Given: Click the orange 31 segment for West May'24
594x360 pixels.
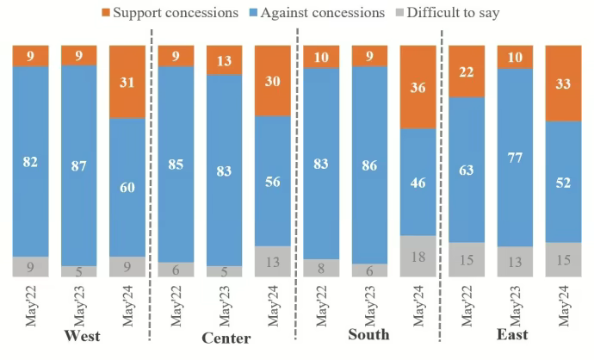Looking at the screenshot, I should tap(127, 82).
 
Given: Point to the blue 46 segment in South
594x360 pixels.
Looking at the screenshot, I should tap(418, 181).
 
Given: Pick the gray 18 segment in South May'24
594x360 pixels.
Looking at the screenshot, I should tap(418, 256).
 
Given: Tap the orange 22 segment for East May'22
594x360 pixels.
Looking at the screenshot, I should tap(467, 71).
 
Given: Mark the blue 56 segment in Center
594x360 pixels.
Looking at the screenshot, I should tap(273, 180).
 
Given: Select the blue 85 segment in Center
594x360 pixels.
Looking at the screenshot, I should tap(175, 164).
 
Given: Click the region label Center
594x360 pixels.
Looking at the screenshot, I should tap(225, 336).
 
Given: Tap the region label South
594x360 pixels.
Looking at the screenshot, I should tap(368, 334).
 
